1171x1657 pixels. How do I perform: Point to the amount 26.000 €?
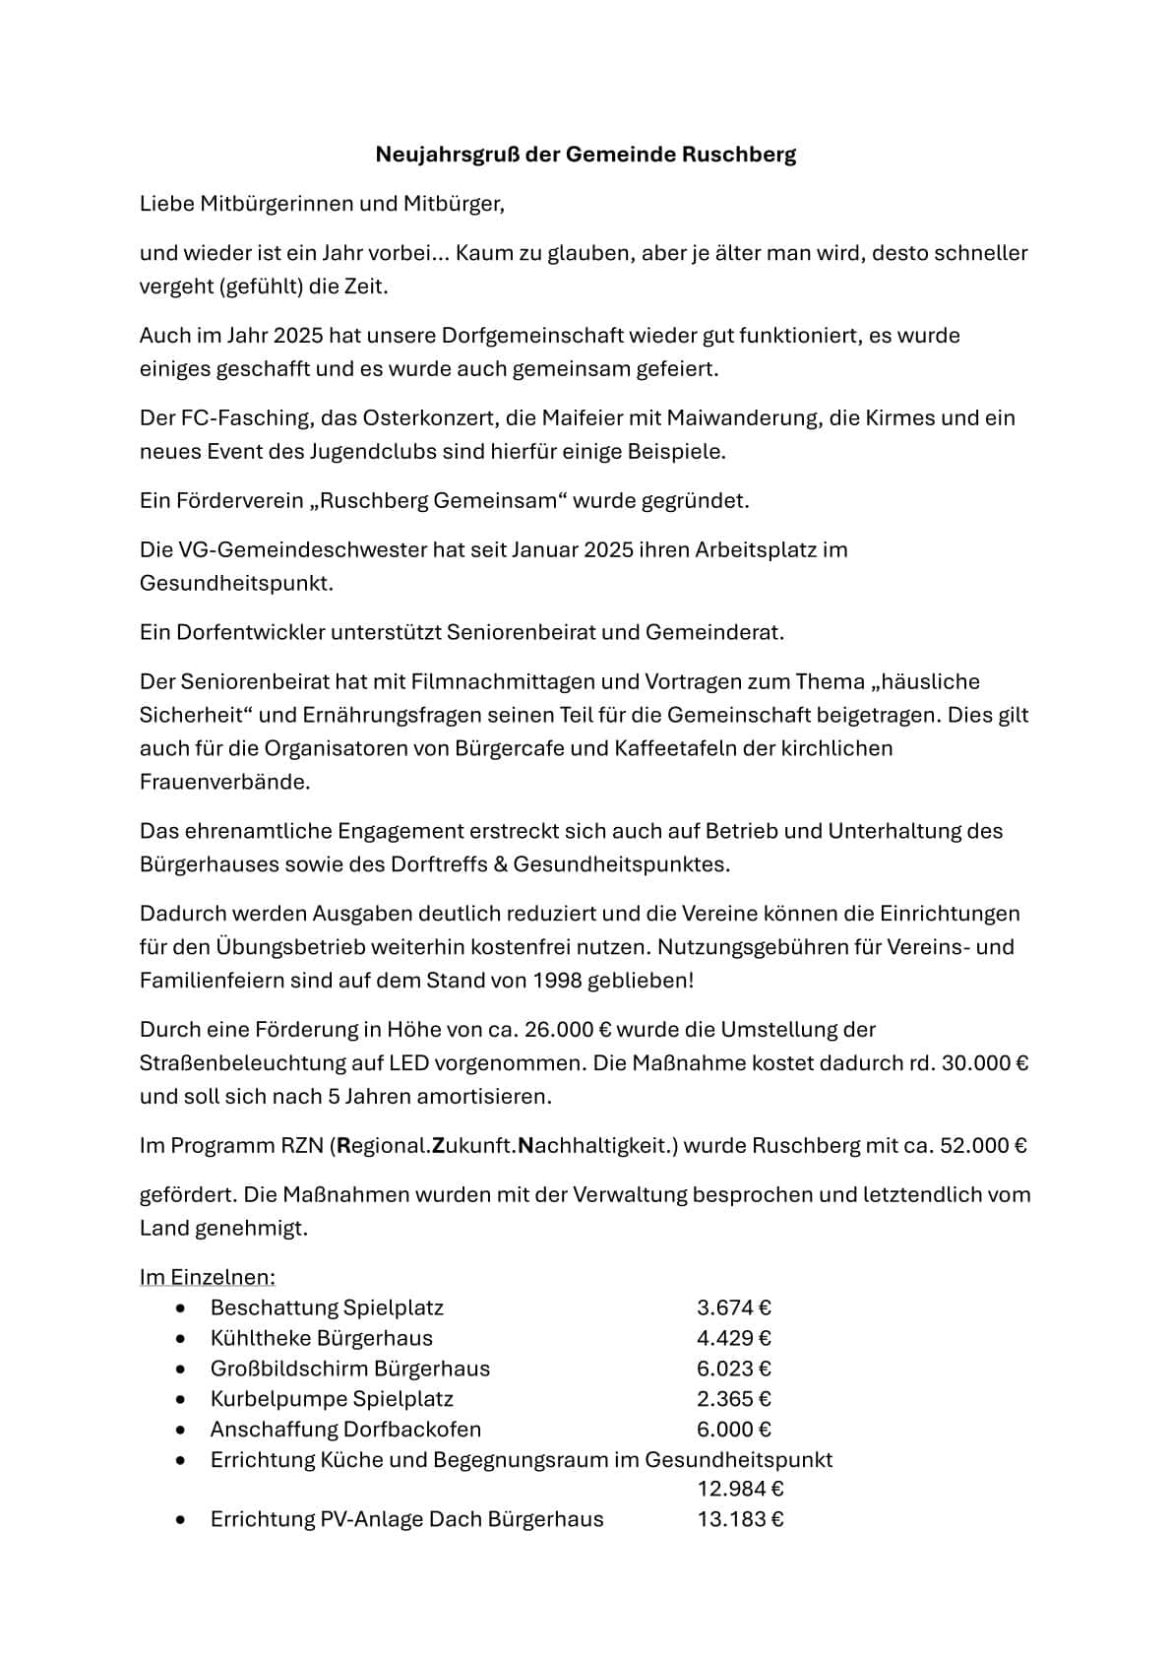pyautogui.click(x=570, y=1030)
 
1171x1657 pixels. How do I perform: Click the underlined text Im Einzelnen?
pyautogui.click(x=207, y=1277)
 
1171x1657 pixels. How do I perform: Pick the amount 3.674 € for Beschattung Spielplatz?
pyautogui.click(x=733, y=1307)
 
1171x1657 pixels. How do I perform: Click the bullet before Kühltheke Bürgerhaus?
pyautogui.click(x=179, y=1339)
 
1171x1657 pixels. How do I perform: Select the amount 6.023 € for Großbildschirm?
pyautogui.click(x=733, y=1369)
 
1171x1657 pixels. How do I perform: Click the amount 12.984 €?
pyautogui.click(x=740, y=1489)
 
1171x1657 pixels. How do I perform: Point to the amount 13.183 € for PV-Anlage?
pyautogui.click(x=740, y=1519)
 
